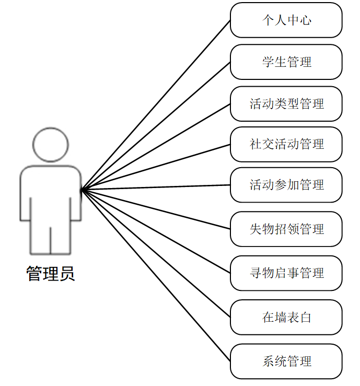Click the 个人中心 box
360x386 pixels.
tap(286, 20)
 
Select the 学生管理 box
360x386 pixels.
tap(286, 62)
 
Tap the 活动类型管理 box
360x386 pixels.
tap(286, 103)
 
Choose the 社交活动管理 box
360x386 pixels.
tap(286, 144)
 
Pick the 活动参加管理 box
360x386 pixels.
tap(286, 185)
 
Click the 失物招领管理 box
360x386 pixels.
tap(286, 229)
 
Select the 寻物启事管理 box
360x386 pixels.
tap(286, 273)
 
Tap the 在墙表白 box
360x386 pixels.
tap(286, 317)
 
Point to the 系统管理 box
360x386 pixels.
tap(286, 361)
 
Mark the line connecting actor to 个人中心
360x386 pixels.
tap(156, 106)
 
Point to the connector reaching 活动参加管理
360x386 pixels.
tap(156, 188)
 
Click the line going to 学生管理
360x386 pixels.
tap(156, 126)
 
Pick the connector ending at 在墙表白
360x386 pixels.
tap(156, 254)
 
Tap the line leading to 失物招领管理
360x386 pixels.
tap(156, 209)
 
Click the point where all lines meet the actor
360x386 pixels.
tap(82, 190)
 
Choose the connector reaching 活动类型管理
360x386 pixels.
tap(156, 147)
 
